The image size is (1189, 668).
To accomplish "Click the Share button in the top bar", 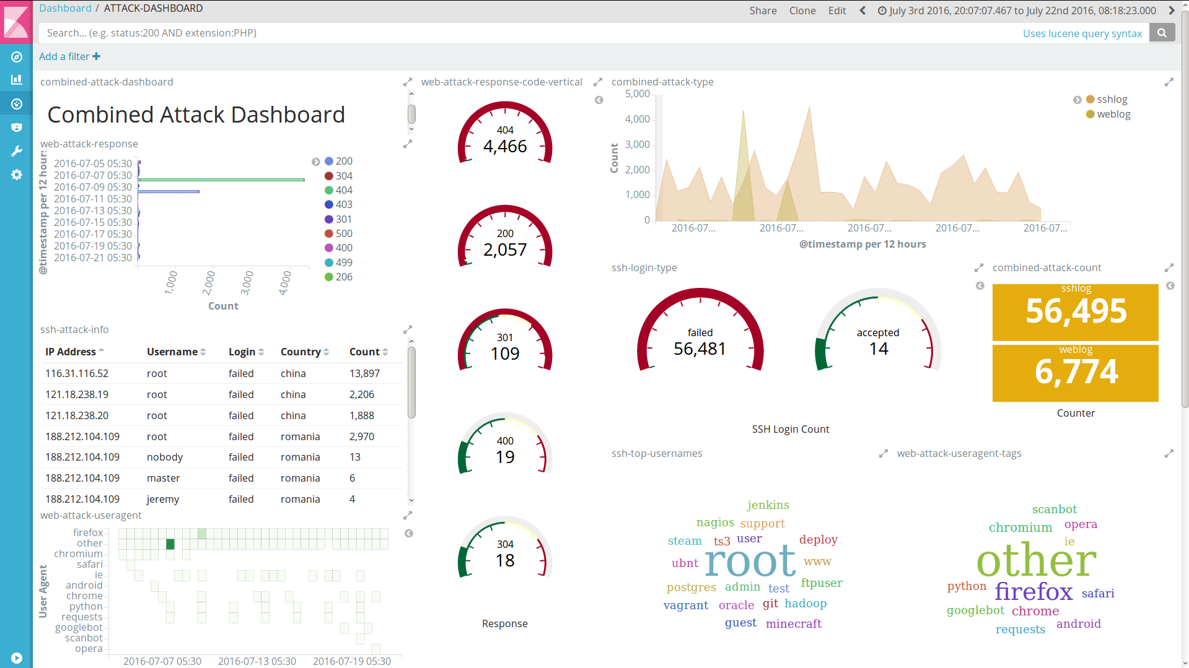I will (x=763, y=11).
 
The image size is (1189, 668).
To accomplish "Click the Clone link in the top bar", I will (x=802, y=11).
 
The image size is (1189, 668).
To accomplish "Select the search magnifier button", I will (x=1162, y=33).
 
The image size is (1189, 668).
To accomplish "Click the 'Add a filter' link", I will (x=69, y=56).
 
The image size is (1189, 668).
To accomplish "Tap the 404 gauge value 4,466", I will (x=505, y=146).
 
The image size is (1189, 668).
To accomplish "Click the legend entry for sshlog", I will (x=1112, y=99).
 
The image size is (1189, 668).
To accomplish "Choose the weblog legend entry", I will (x=1113, y=114).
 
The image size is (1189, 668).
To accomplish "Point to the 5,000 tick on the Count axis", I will (x=637, y=94).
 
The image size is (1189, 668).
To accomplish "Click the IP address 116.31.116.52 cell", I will (x=77, y=373).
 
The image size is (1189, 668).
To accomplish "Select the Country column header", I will (x=301, y=352).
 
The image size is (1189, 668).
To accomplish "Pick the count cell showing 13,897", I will (x=364, y=373).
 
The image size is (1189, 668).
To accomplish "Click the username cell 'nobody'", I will (x=165, y=457).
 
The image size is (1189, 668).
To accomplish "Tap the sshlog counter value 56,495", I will (x=1076, y=311).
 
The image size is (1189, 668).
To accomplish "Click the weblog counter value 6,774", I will (x=1076, y=371).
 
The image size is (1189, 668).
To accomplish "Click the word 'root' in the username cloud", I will (x=750, y=561).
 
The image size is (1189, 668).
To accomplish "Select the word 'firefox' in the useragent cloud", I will (x=1033, y=591).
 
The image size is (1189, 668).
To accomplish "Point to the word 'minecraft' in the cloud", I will (x=793, y=623).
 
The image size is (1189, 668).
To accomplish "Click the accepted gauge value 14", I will (x=878, y=349).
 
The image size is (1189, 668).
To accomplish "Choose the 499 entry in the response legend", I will (x=344, y=262).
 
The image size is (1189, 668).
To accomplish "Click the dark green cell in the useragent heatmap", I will (x=170, y=544).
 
